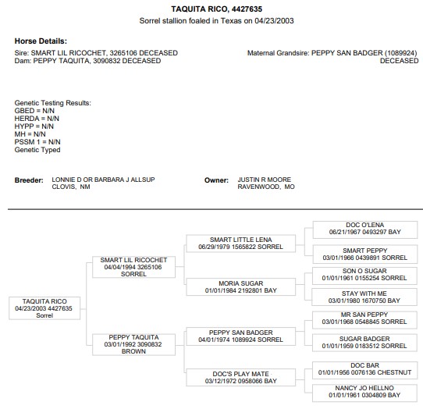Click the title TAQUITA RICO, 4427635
pyautogui.click(x=217, y=9)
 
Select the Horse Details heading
pyautogui.click(x=41, y=41)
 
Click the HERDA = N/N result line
pyautogui.click(x=37, y=119)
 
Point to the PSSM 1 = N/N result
pyautogui.click(x=37, y=142)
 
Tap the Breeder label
pyautogui.click(x=29, y=180)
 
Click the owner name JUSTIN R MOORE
pyautogui.click(x=264, y=180)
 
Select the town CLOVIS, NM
pyautogui.click(x=71, y=187)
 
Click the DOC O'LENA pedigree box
pyautogui.click(x=365, y=229)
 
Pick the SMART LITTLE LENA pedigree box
pyautogui.click(x=240, y=244)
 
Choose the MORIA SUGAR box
pyautogui.click(x=240, y=286)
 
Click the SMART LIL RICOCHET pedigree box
pyautogui.click(x=133, y=267)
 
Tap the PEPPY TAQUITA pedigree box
pyautogui.click(x=133, y=344)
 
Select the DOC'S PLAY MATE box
pyautogui.click(x=240, y=378)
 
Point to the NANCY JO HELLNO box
pyautogui.click(x=364, y=393)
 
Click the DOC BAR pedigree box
pyautogui.click(x=364, y=370)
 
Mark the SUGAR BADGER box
pyautogui.click(x=364, y=343)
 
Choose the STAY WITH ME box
pyautogui.click(x=364, y=297)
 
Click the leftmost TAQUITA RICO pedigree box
pyautogui.click(x=44, y=308)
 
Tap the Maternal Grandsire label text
pyautogui.click(x=278, y=53)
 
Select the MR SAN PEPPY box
pyautogui.click(x=364, y=320)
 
